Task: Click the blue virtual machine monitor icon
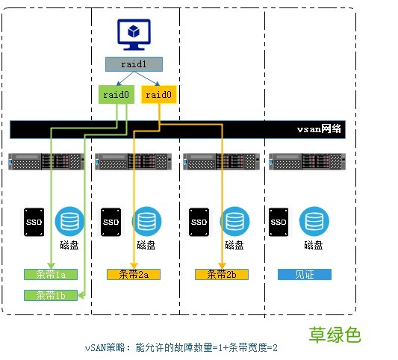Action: point(132,36)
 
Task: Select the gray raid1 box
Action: point(133,64)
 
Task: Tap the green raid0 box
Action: point(114,95)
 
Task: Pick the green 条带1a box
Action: point(51,274)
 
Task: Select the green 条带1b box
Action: point(51,295)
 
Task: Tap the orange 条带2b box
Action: point(221,274)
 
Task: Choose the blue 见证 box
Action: point(304,274)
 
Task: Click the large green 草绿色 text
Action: point(336,335)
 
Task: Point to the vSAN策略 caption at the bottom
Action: point(181,348)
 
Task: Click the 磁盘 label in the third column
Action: point(234,245)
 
